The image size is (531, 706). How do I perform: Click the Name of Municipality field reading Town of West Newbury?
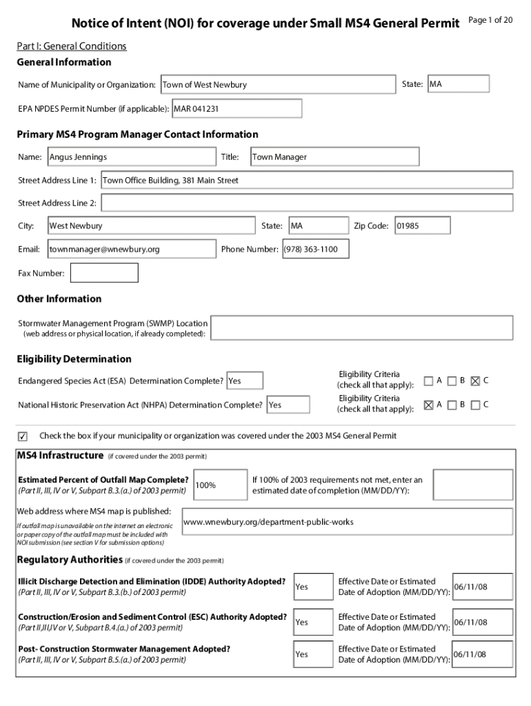(x=277, y=85)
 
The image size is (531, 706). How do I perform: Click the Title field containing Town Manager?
(x=334, y=157)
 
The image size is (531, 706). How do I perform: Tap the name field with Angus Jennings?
(x=131, y=157)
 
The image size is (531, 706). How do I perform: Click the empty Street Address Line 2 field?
(x=306, y=203)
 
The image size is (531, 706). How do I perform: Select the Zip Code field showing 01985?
(x=421, y=226)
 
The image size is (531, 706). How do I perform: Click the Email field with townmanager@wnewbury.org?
(x=131, y=249)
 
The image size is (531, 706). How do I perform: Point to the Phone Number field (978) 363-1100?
(x=315, y=249)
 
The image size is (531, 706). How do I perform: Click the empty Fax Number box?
(x=104, y=273)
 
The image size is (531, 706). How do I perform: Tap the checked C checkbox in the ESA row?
(x=474, y=381)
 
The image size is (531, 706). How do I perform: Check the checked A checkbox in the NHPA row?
(x=428, y=405)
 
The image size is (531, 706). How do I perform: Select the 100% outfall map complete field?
(x=220, y=485)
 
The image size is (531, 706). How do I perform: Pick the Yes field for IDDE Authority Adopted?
(x=310, y=587)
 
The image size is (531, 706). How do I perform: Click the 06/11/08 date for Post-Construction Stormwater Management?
(x=482, y=654)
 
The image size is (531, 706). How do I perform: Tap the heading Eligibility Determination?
(x=74, y=359)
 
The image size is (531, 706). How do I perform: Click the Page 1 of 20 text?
(x=490, y=20)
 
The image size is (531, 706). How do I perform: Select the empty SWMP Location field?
(x=361, y=327)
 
